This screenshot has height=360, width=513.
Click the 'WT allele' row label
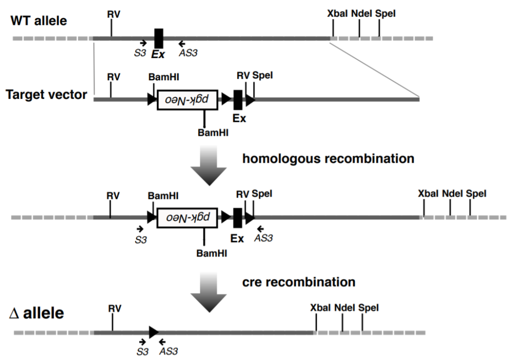[39, 20]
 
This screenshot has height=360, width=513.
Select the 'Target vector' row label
[47, 95]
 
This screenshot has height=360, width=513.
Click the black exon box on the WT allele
[159, 38]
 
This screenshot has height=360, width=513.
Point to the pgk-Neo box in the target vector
[187, 100]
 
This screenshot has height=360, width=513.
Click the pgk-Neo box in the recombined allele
[187, 218]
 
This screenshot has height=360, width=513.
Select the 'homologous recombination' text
[328, 159]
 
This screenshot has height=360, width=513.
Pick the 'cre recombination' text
[299, 282]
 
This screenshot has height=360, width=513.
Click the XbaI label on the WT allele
[337, 14]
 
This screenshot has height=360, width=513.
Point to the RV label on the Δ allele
[114, 309]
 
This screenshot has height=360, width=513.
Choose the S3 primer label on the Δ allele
[142, 351]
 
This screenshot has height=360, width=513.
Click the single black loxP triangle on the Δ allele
[153, 332]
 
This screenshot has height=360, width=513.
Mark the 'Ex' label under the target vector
[240, 118]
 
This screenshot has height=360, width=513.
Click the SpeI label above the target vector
[263, 76]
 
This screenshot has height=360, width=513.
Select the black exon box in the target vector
[238, 100]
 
